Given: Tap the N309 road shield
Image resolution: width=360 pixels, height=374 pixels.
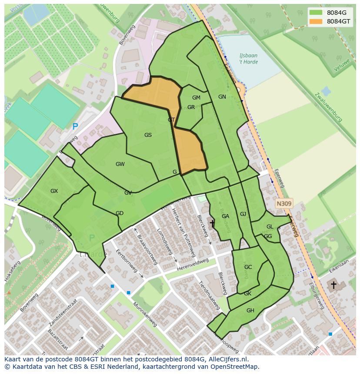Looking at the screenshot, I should coord(284,203).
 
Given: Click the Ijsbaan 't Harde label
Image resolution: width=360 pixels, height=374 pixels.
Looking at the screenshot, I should coord(248,59).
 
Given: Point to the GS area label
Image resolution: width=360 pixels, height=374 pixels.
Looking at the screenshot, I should coord(148,135).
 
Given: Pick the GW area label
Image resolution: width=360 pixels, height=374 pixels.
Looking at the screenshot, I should coord(120,164).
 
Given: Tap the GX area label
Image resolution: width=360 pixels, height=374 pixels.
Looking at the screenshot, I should coord(54,191).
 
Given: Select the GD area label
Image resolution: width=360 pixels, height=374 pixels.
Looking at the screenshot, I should coord(120,213).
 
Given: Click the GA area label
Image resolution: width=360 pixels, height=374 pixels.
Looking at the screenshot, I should coord(225,216).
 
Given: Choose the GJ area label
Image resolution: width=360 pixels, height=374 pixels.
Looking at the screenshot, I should coord(243,214).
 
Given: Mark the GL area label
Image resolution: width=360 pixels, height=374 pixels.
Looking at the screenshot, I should coord(270,227).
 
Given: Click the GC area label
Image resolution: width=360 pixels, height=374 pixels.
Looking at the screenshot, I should coord(248,267).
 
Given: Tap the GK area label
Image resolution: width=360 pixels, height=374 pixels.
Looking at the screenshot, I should coord(247,294).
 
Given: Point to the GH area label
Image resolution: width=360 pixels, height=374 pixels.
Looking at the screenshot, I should coord(250,311).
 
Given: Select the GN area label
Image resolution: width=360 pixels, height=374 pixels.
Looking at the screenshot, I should coord(222,97).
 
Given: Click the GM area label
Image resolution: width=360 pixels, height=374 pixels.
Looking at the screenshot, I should coord(196,98).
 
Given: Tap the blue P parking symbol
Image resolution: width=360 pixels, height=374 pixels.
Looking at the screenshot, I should coord(75,127).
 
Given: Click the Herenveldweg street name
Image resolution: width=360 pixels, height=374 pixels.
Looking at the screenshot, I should coord(193,265).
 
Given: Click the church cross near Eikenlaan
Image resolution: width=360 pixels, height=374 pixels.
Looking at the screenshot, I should coord(333,285).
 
